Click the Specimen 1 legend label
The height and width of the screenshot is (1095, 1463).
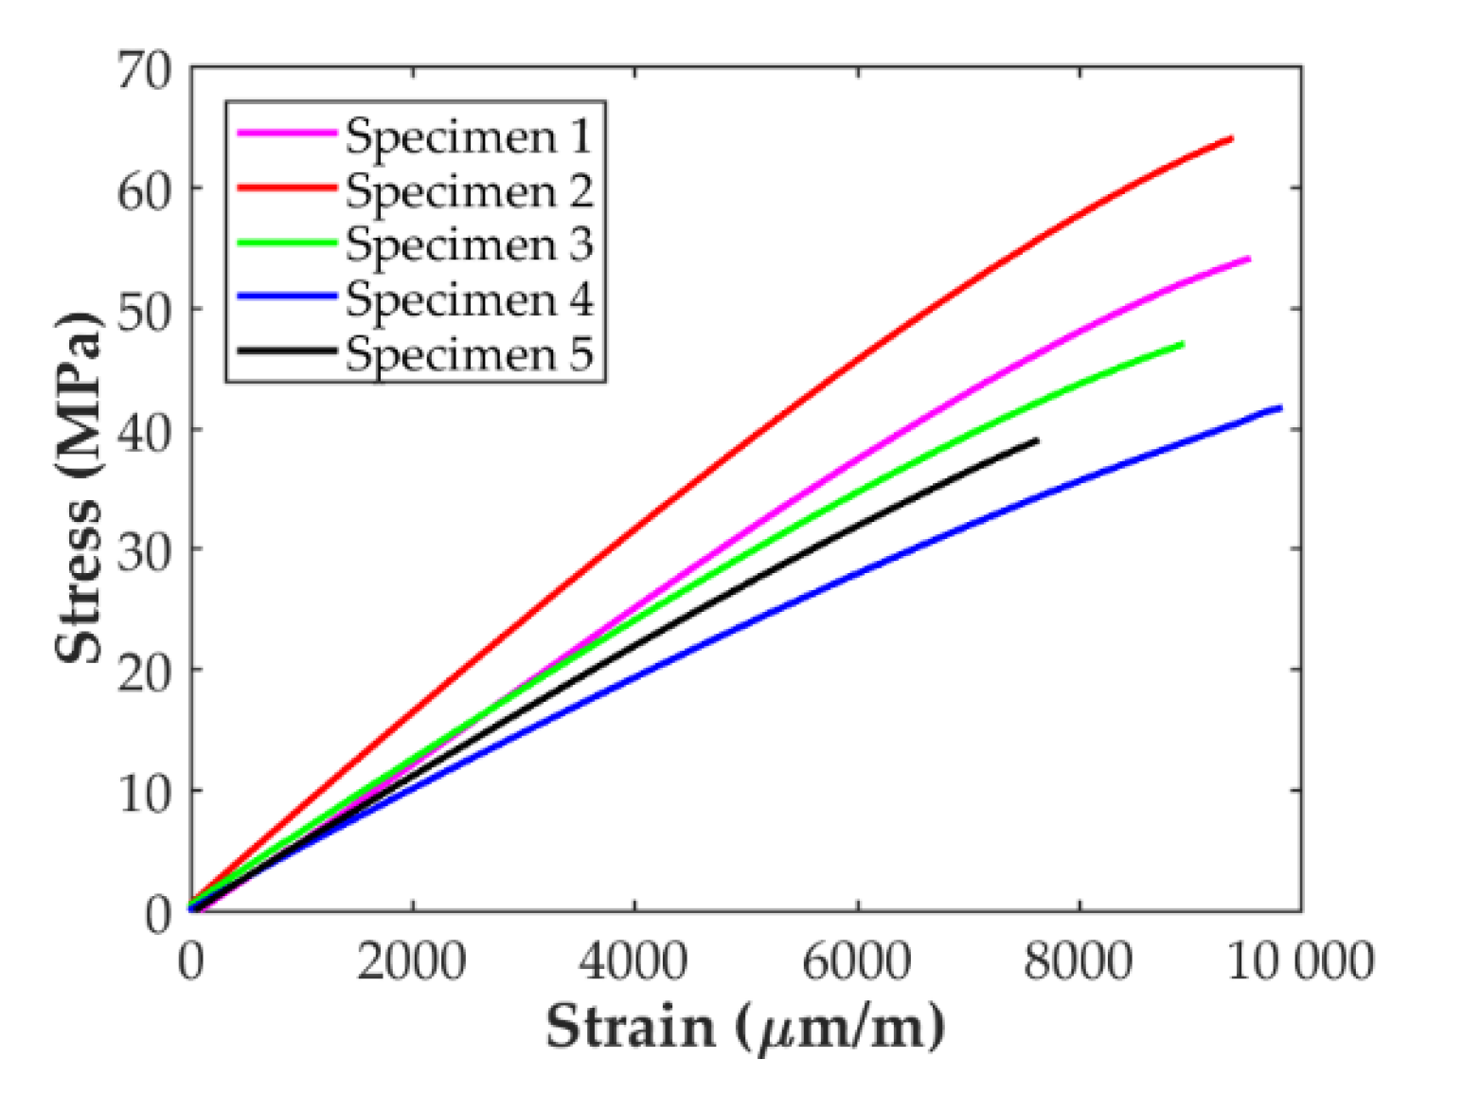pos(469,135)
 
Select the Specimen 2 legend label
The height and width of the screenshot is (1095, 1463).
pos(469,190)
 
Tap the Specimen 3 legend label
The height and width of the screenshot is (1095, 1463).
pos(469,244)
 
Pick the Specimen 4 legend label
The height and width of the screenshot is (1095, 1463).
pos(469,299)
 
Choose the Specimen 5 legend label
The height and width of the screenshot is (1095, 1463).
pos(469,353)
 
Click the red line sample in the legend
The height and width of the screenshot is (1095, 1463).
pos(286,188)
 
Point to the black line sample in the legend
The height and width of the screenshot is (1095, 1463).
pos(286,351)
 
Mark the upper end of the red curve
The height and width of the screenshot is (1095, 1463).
pos(1231,138)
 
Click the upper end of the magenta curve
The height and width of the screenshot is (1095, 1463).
pos(1248,259)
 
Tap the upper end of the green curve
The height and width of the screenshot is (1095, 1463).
pos(1182,344)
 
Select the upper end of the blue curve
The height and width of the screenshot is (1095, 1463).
pos(1280,408)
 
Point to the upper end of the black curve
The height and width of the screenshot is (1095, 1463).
pos(1037,440)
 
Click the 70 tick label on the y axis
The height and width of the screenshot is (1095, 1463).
pos(145,70)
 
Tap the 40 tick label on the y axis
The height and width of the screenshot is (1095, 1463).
pos(145,430)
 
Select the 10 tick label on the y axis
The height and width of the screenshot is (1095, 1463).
pos(145,791)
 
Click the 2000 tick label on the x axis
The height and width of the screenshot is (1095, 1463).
pos(412,961)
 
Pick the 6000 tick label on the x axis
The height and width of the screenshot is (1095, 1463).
pos(857,961)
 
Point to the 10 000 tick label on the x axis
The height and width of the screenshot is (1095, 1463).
pos(1300,961)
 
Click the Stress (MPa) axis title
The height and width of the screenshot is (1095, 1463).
pos(78,488)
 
